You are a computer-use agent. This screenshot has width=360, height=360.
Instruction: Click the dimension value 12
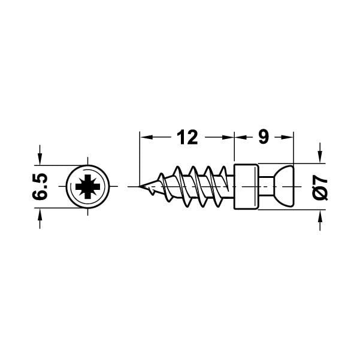(x=187, y=138)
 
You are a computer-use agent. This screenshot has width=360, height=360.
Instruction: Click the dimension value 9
(x=263, y=138)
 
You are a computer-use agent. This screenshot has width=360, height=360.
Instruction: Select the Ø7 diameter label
(x=320, y=187)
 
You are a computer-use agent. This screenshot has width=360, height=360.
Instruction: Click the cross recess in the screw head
(x=87, y=187)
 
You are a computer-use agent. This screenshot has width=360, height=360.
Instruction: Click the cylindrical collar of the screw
(x=246, y=186)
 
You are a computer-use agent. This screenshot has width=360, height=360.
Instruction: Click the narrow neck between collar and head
(x=264, y=186)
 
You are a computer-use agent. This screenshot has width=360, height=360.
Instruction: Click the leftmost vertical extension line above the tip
(x=139, y=156)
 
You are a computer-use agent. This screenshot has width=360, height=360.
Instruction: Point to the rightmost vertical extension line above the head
(x=294, y=150)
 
